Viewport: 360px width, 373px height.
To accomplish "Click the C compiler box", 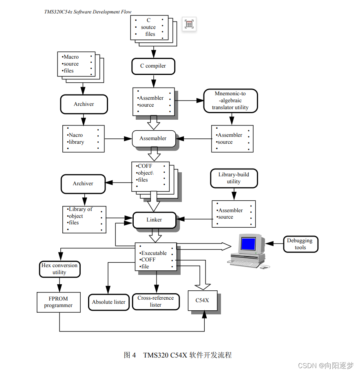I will click(x=153, y=66).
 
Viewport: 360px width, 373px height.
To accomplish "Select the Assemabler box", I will click(x=154, y=138).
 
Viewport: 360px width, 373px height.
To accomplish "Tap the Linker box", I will click(x=154, y=220).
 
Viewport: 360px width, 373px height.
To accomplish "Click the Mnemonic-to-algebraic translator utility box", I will click(x=230, y=101).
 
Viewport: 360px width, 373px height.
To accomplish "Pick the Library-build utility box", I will click(x=234, y=178).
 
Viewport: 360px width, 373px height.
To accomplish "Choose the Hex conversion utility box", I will click(x=60, y=269).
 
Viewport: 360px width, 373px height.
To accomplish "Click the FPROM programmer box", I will click(x=58, y=302).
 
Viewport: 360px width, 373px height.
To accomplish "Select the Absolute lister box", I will click(x=109, y=302).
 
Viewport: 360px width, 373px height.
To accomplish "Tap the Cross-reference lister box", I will click(x=156, y=301).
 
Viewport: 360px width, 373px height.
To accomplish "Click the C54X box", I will click(x=202, y=301).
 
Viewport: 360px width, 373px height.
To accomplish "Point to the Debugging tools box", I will click(x=300, y=244).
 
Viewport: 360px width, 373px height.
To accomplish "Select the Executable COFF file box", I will click(x=156, y=257).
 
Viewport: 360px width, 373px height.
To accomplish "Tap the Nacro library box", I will click(x=83, y=139).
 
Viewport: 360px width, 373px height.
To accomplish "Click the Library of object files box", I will click(x=84, y=219).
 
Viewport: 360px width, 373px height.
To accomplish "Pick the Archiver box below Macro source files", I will click(x=84, y=104).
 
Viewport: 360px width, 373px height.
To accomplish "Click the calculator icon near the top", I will click(x=189, y=24).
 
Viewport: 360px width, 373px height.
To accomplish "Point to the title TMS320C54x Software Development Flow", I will click(x=88, y=12).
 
